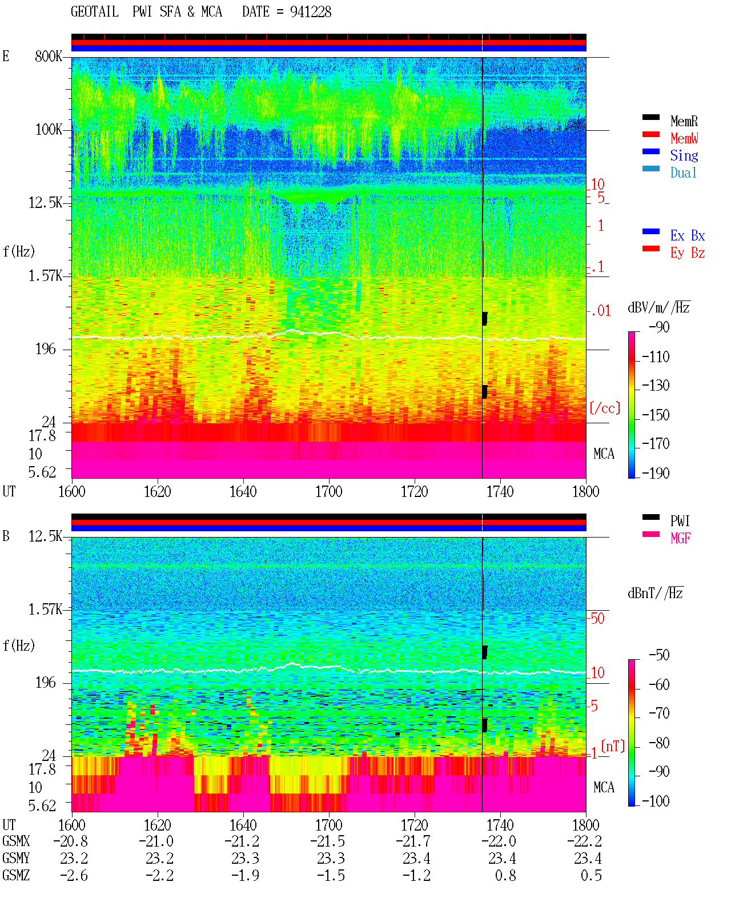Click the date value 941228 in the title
(310, 12)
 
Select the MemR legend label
(684, 121)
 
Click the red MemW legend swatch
(650, 134)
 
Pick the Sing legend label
(684, 155)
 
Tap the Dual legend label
(684, 173)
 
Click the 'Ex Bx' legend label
(688, 235)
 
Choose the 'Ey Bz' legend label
(688, 253)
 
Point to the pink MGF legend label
(680, 538)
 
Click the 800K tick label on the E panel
(49, 56)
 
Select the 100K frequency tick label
(49, 130)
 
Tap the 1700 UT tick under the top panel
(328, 491)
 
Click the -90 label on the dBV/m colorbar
(659, 327)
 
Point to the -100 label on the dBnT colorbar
(656, 801)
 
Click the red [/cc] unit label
(605, 408)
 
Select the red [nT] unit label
(613, 746)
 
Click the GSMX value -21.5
(327, 841)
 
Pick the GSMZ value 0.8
(505, 875)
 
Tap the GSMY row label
(16, 858)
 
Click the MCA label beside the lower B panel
(604, 787)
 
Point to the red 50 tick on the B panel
(597, 619)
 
